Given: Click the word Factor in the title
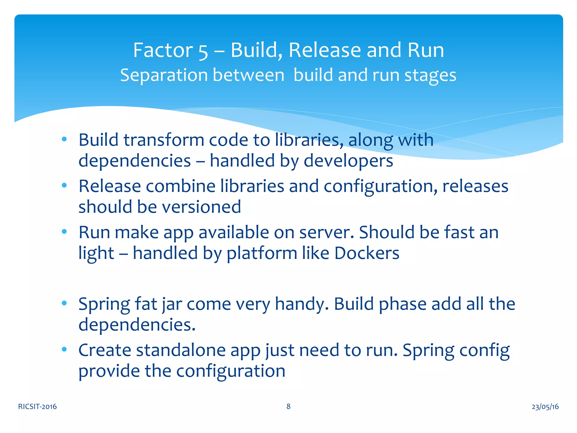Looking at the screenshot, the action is click(x=163, y=50).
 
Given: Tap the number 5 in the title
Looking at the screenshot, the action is click(x=203, y=51).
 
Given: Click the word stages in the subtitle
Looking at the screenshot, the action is click(x=430, y=76).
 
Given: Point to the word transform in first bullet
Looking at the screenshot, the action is click(x=164, y=140).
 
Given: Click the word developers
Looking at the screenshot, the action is click(x=348, y=161).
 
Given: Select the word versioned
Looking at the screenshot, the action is click(x=201, y=207).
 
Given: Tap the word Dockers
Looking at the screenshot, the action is click(x=367, y=253).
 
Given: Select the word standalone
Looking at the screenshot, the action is click(x=181, y=350).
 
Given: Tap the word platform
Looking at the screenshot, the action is click(x=262, y=253).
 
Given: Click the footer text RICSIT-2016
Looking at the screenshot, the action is click(x=37, y=407).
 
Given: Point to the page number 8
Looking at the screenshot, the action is click(x=288, y=406).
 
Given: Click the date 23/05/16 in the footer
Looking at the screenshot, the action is click(x=545, y=407).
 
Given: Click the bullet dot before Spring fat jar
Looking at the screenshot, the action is click(x=64, y=303).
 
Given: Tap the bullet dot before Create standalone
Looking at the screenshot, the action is click(x=64, y=350).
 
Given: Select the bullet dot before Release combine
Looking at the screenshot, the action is click(x=64, y=185).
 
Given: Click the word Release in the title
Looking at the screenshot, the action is click(x=325, y=50).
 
